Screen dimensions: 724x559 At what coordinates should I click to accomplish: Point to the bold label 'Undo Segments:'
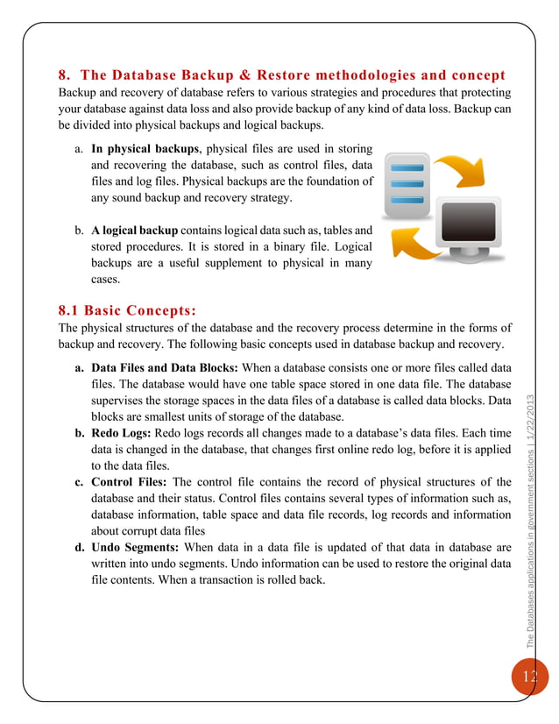135,548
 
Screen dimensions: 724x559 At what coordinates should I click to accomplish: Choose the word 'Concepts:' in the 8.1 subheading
159,310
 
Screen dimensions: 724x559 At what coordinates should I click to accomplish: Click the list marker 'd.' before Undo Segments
80,548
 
